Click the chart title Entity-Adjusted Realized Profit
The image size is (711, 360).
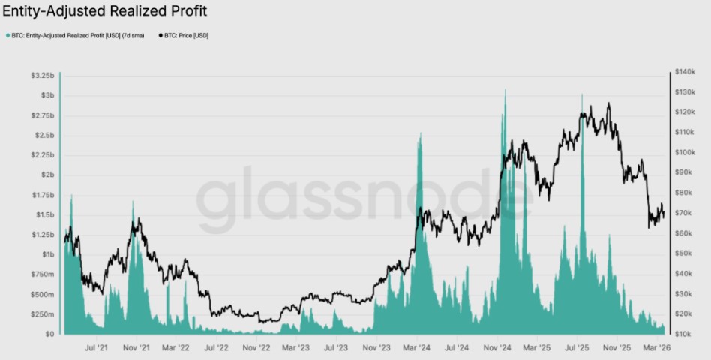point(105,11)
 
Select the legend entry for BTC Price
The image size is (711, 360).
point(184,35)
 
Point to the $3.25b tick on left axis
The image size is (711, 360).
point(43,76)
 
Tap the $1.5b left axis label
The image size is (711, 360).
point(44,214)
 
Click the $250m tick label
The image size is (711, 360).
point(43,313)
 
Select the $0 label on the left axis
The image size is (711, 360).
point(49,334)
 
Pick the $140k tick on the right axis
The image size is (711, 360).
point(685,72)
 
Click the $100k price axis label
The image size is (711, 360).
point(685,152)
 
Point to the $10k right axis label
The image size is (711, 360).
point(683,334)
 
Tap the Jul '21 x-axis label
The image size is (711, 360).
point(96,348)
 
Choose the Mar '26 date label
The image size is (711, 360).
point(656,348)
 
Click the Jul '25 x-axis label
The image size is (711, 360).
point(576,348)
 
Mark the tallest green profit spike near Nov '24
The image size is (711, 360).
point(505,91)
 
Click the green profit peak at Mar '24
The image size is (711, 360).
point(419,134)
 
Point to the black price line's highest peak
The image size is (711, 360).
point(608,104)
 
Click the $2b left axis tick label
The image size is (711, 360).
point(47,175)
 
